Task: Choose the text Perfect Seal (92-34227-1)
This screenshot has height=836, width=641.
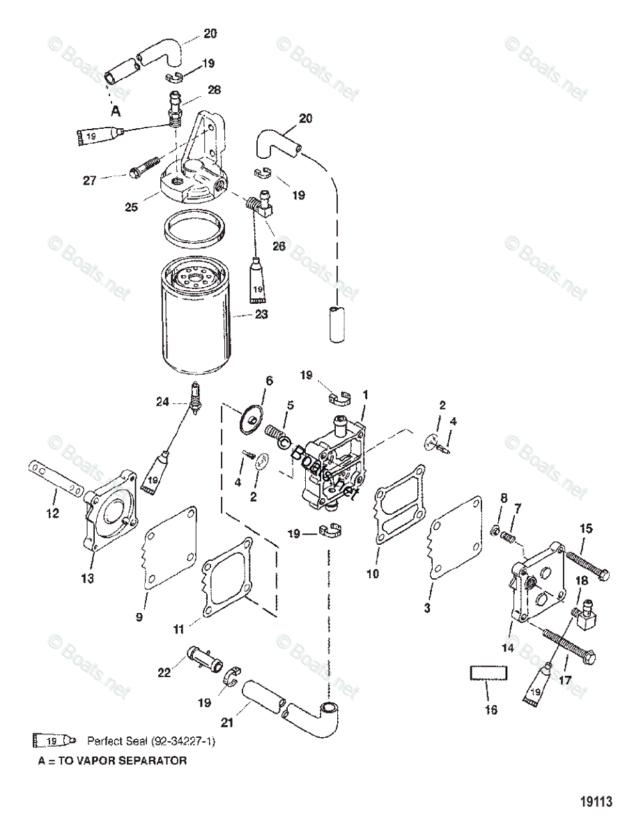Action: click(151, 741)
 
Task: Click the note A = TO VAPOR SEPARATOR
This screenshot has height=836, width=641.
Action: click(112, 761)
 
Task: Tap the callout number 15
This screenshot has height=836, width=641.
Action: click(586, 529)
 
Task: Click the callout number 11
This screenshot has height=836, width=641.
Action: click(179, 628)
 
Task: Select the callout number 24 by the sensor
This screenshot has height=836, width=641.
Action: click(162, 401)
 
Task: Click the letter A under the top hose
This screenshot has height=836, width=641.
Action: click(116, 110)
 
